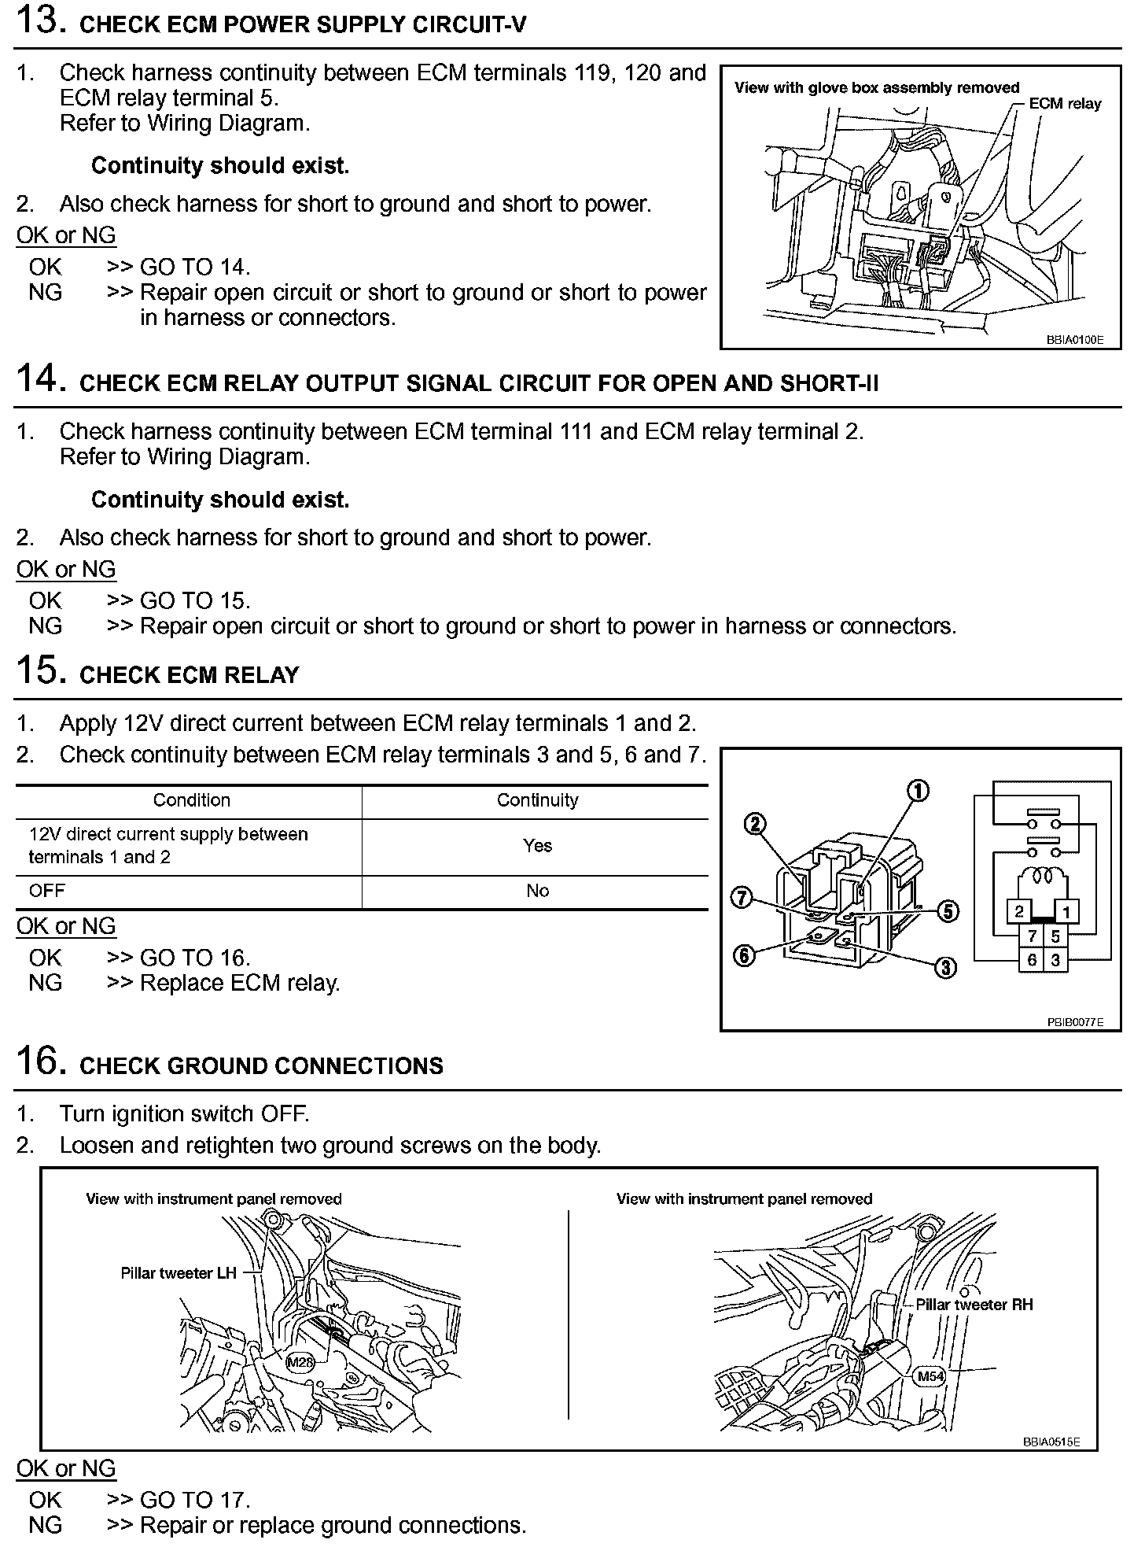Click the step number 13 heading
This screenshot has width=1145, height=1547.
[37, 20]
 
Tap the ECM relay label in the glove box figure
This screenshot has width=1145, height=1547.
[1065, 104]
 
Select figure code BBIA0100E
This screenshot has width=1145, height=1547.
[1074, 341]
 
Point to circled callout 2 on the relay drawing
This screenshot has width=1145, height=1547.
[753, 824]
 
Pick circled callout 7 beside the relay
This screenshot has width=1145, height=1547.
[741, 897]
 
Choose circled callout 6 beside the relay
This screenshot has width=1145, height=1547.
[743, 956]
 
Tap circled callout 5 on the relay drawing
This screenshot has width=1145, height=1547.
[948, 911]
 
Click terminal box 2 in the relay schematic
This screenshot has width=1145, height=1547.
[1019, 912]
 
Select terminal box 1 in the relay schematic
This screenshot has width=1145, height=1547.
[1066, 912]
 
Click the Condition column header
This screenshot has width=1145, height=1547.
[191, 800]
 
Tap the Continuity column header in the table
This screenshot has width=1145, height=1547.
[537, 800]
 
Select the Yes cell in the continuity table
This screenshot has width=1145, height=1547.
[537, 846]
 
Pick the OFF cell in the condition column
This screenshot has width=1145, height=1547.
[47, 891]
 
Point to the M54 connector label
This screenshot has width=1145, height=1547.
[930, 1376]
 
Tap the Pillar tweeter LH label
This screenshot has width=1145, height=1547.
[179, 1273]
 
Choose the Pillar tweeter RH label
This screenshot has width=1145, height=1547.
[974, 1305]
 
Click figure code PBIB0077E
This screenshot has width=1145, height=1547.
[1074, 1022]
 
